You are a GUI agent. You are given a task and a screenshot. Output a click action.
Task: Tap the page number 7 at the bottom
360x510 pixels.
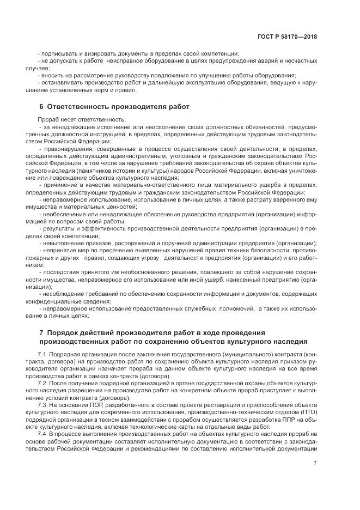(x=315, y=463)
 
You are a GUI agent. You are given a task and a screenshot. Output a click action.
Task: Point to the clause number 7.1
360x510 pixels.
(x=44, y=355)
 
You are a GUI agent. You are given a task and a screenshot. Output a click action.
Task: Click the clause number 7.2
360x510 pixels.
(x=44, y=384)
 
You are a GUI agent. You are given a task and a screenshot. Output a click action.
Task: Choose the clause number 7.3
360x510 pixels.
(x=44, y=405)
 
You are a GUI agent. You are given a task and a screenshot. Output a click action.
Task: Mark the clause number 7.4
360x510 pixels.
(x=44, y=434)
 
